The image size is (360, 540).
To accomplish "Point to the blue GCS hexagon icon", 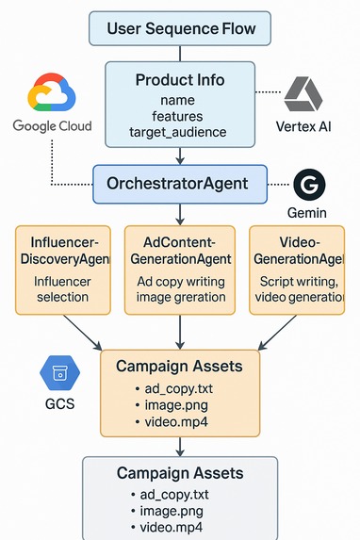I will [57, 373].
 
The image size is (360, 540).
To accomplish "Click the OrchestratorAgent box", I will [180, 184].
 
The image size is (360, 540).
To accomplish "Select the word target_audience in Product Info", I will [179, 132].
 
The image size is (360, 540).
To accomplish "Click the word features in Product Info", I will [179, 115].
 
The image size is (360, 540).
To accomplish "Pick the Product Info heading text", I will [179, 80].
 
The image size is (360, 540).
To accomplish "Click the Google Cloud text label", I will [53, 126].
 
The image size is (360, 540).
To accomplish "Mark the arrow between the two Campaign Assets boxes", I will [180, 447].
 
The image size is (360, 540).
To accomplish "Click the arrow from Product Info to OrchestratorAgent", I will [180, 156].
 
